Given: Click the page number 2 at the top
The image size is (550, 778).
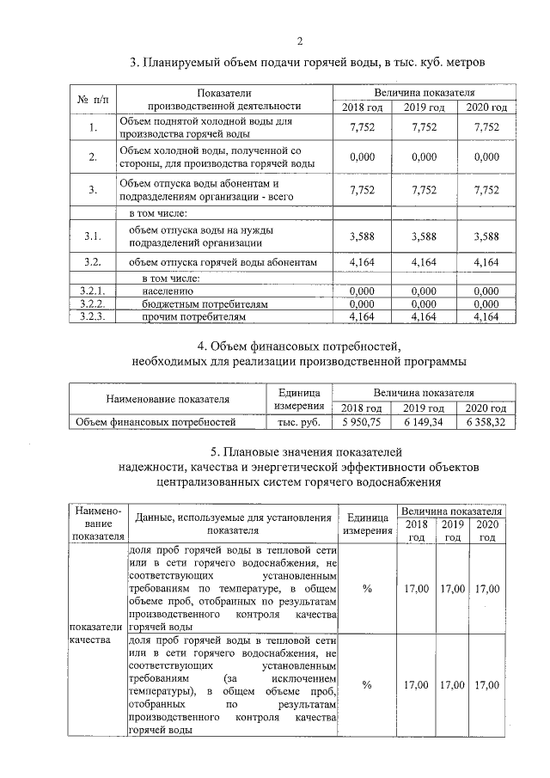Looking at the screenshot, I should point(300,40).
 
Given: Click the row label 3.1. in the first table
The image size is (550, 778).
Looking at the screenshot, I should point(93,236).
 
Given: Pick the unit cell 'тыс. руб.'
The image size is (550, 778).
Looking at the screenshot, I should point(296,422).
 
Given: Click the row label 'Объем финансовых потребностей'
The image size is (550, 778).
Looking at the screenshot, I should point(156,422).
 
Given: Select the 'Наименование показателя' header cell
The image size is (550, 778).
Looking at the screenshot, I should point(167,400).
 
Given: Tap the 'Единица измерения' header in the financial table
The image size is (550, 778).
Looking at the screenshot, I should point(297,399).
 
